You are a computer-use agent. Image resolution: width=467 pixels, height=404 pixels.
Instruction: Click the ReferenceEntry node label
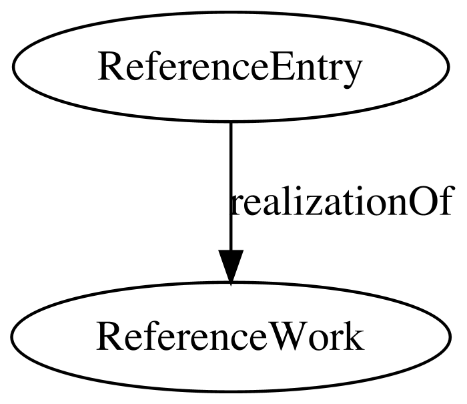tap(230, 69)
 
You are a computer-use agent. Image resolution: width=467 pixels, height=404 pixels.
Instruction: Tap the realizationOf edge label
tap(342, 200)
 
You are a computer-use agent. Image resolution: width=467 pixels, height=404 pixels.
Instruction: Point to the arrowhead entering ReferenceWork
tap(231, 267)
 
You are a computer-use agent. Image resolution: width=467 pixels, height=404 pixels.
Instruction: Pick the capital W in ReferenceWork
tap(284, 337)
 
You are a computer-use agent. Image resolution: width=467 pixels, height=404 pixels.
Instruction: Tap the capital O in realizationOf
tap(421, 201)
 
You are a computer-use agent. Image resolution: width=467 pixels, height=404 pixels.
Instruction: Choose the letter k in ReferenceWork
tap(354, 336)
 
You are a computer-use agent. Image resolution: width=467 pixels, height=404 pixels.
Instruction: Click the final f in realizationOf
tap(445, 200)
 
